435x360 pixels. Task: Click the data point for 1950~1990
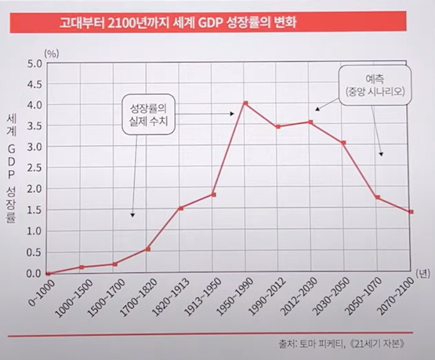click(245, 103)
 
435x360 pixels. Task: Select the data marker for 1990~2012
click(278, 127)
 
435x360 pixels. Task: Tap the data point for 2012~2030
click(311, 122)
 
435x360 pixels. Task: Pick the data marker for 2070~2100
click(411, 212)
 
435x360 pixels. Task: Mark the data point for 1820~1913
click(180, 208)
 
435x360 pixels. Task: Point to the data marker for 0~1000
click(48, 273)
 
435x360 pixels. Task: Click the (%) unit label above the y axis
click(52, 53)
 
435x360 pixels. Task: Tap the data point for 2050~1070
click(377, 197)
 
